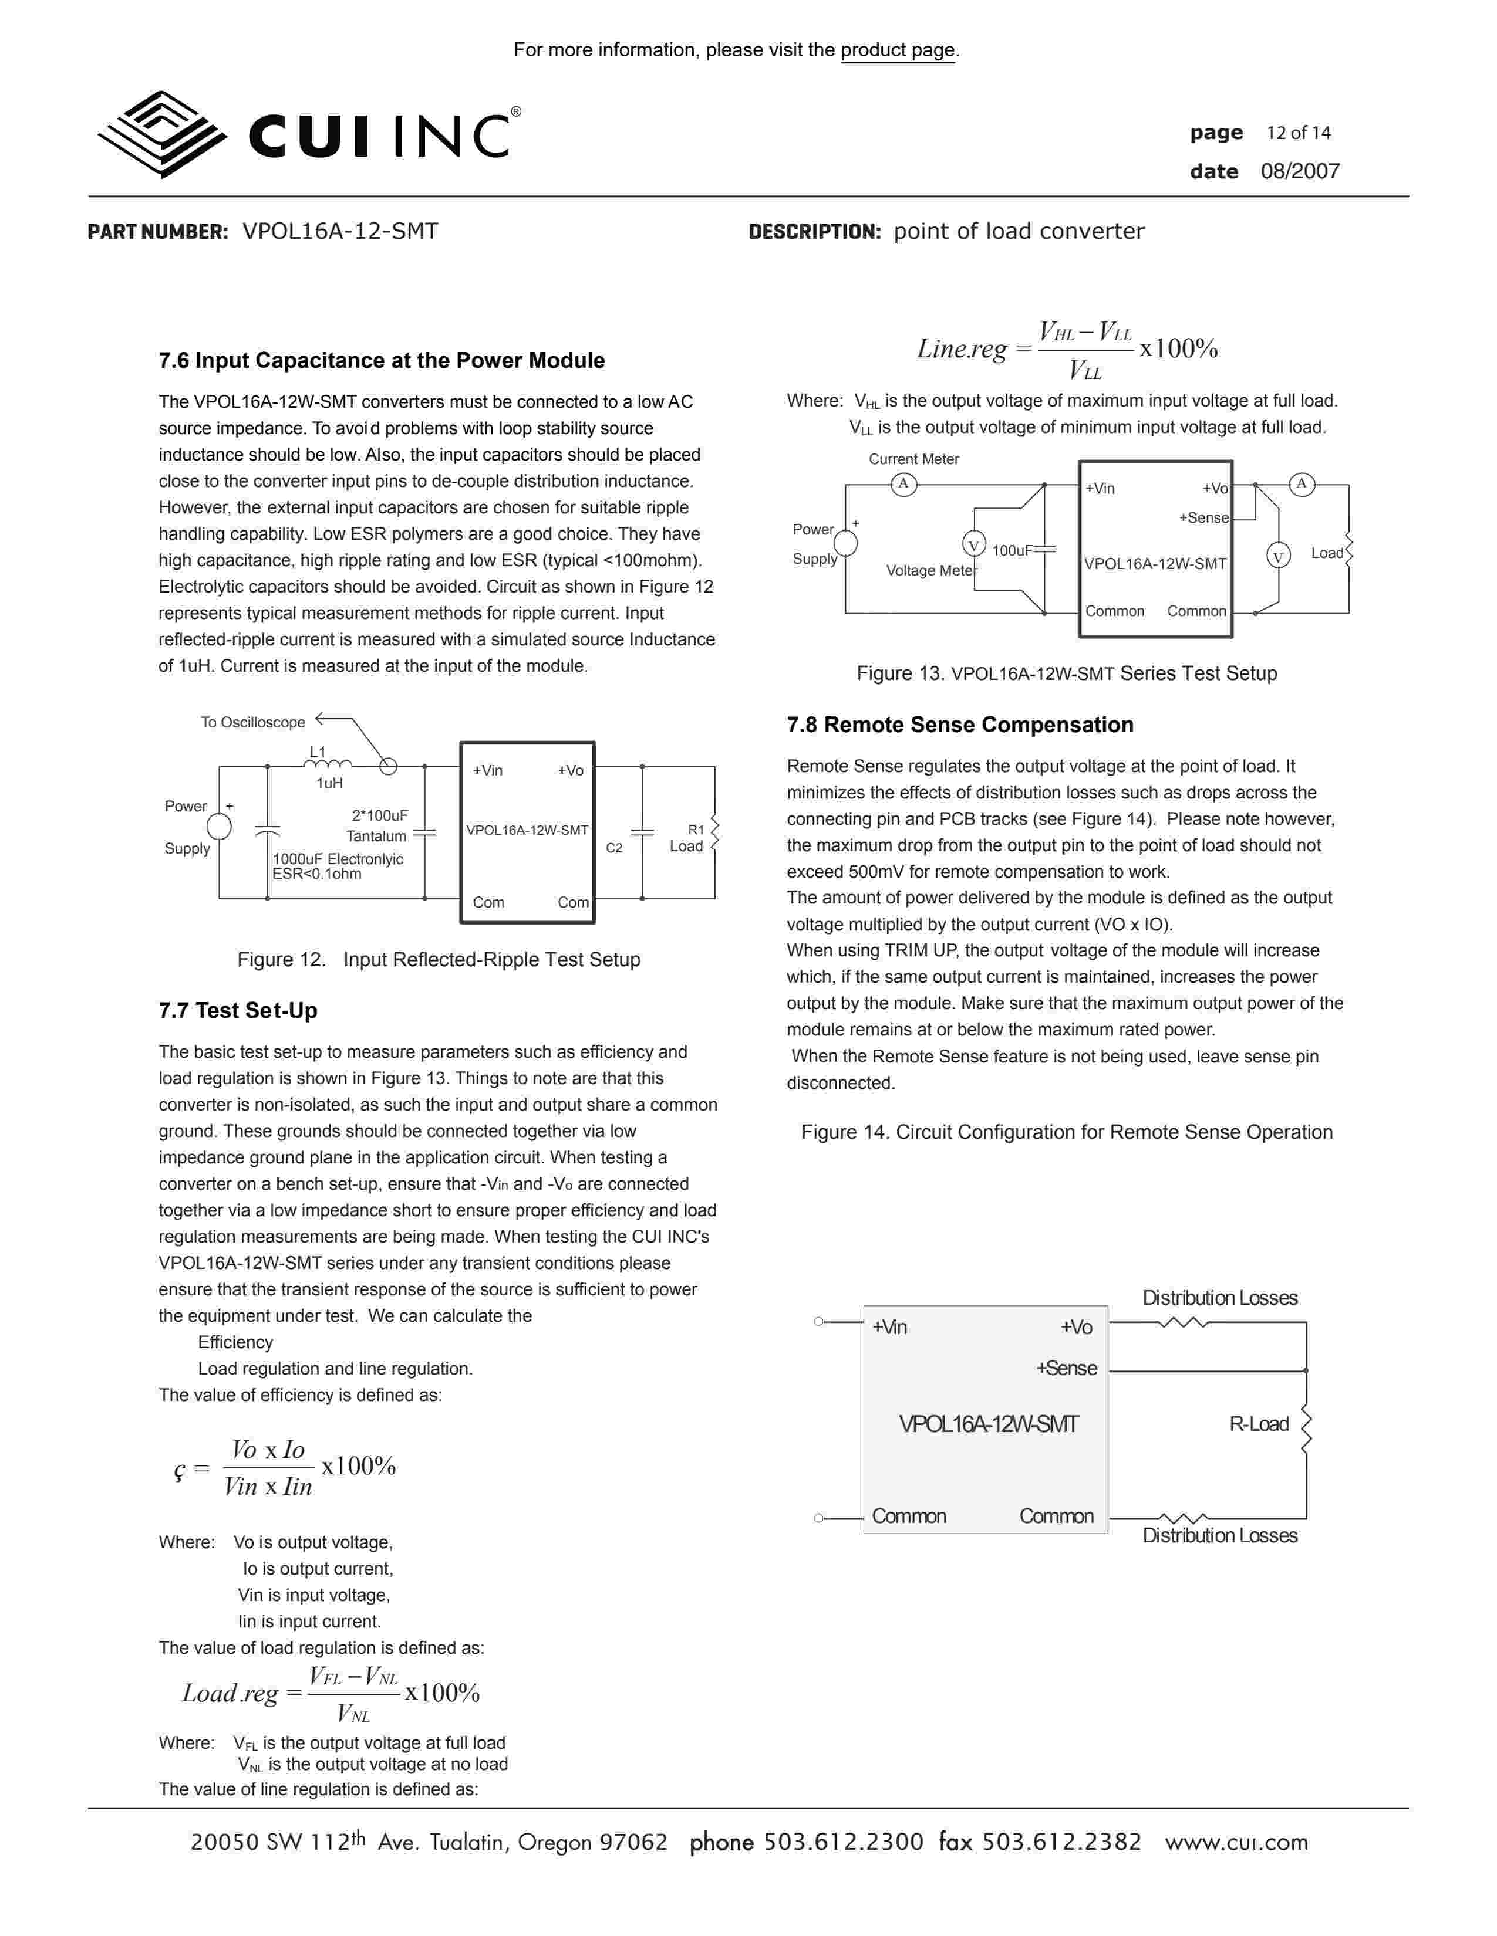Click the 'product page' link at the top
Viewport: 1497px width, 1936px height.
898,50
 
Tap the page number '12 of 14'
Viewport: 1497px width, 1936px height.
1299,133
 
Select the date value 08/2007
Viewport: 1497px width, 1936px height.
1300,172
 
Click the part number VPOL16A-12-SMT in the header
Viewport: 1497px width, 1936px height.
340,231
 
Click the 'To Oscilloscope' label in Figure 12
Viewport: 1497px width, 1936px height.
253,722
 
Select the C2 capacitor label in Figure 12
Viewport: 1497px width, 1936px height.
613,848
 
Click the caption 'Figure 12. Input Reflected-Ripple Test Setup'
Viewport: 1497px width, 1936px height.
438,959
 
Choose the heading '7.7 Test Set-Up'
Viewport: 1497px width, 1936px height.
238,1011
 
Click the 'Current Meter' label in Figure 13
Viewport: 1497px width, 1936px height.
913,459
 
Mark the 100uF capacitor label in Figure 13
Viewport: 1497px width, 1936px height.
1012,550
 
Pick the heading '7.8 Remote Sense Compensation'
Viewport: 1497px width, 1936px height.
960,725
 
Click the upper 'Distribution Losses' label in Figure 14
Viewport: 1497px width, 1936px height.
1219,1298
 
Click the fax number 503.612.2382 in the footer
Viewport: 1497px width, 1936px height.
1061,1842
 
